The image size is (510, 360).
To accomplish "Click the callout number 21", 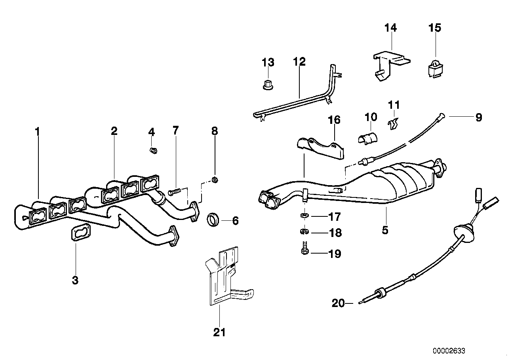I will click(219, 332).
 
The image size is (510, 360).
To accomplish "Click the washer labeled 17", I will click(303, 216).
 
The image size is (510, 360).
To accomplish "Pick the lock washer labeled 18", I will click(304, 231).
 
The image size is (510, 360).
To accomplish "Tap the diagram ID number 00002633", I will click(449, 351).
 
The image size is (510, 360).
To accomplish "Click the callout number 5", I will click(385, 229).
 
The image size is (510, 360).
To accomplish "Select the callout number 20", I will click(338, 303).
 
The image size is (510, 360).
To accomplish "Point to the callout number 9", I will click(478, 117).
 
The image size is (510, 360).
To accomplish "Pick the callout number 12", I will click(299, 62).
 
